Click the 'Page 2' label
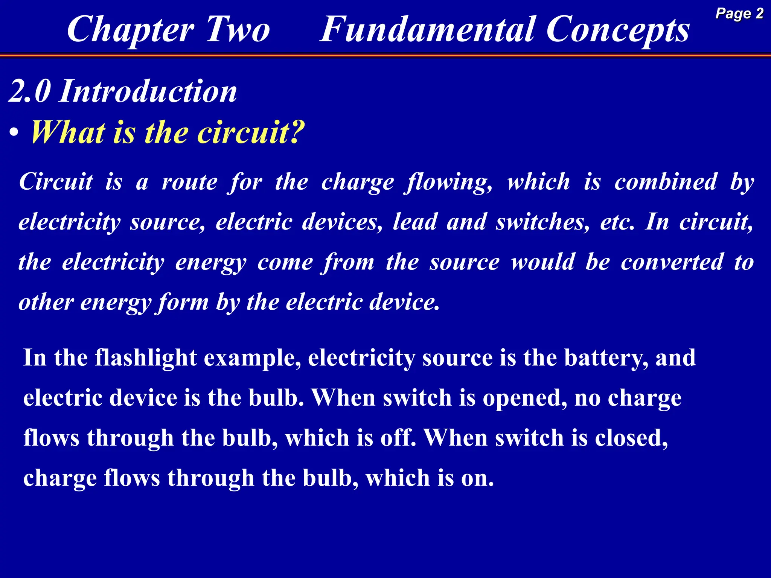click(x=739, y=14)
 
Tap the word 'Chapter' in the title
click(x=131, y=30)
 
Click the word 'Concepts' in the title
click(x=617, y=30)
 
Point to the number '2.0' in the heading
click(x=29, y=91)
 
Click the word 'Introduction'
click(x=148, y=91)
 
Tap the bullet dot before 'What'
click(x=14, y=133)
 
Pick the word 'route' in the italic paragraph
click(x=189, y=182)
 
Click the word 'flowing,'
click(x=448, y=182)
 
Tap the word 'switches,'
click(x=542, y=222)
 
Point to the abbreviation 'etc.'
click(x=617, y=222)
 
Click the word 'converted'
click(x=672, y=262)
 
